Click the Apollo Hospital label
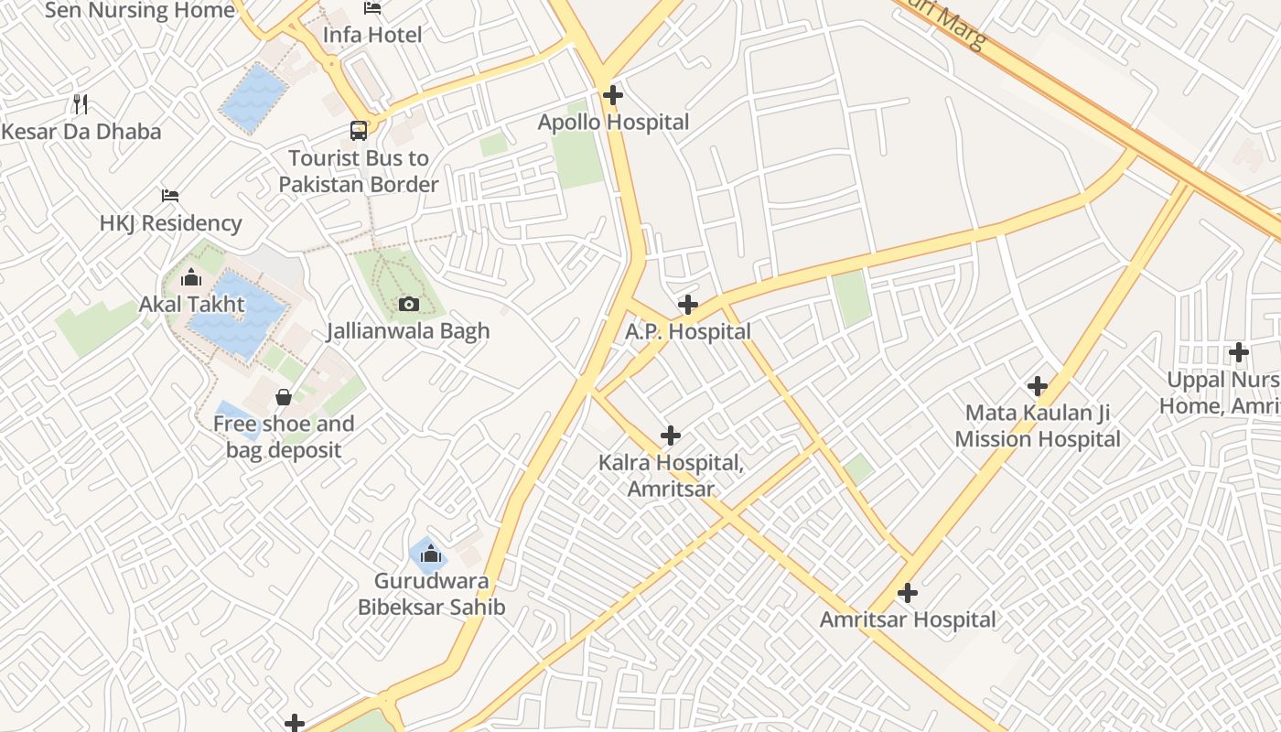(x=613, y=122)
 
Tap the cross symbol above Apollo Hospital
(x=613, y=94)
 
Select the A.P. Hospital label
(x=688, y=331)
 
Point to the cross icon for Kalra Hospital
(x=671, y=436)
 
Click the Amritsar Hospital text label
(x=908, y=619)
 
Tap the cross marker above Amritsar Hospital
(x=908, y=593)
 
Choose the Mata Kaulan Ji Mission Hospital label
(x=1038, y=425)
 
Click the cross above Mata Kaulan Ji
(x=1038, y=385)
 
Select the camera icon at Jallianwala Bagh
(x=409, y=304)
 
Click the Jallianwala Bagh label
(x=408, y=330)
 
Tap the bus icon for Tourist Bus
(x=359, y=131)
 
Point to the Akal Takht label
(x=192, y=304)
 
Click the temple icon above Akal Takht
(x=191, y=276)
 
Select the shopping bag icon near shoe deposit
(x=284, y=397)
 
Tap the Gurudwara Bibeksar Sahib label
(x=431, y=594)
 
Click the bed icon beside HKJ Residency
(x=170, y=196)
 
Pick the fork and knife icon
(x=81, y=103)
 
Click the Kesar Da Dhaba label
(x=81, y=131)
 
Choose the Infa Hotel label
(x=372, y=35)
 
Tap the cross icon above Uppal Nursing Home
(x=1239, y=351)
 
